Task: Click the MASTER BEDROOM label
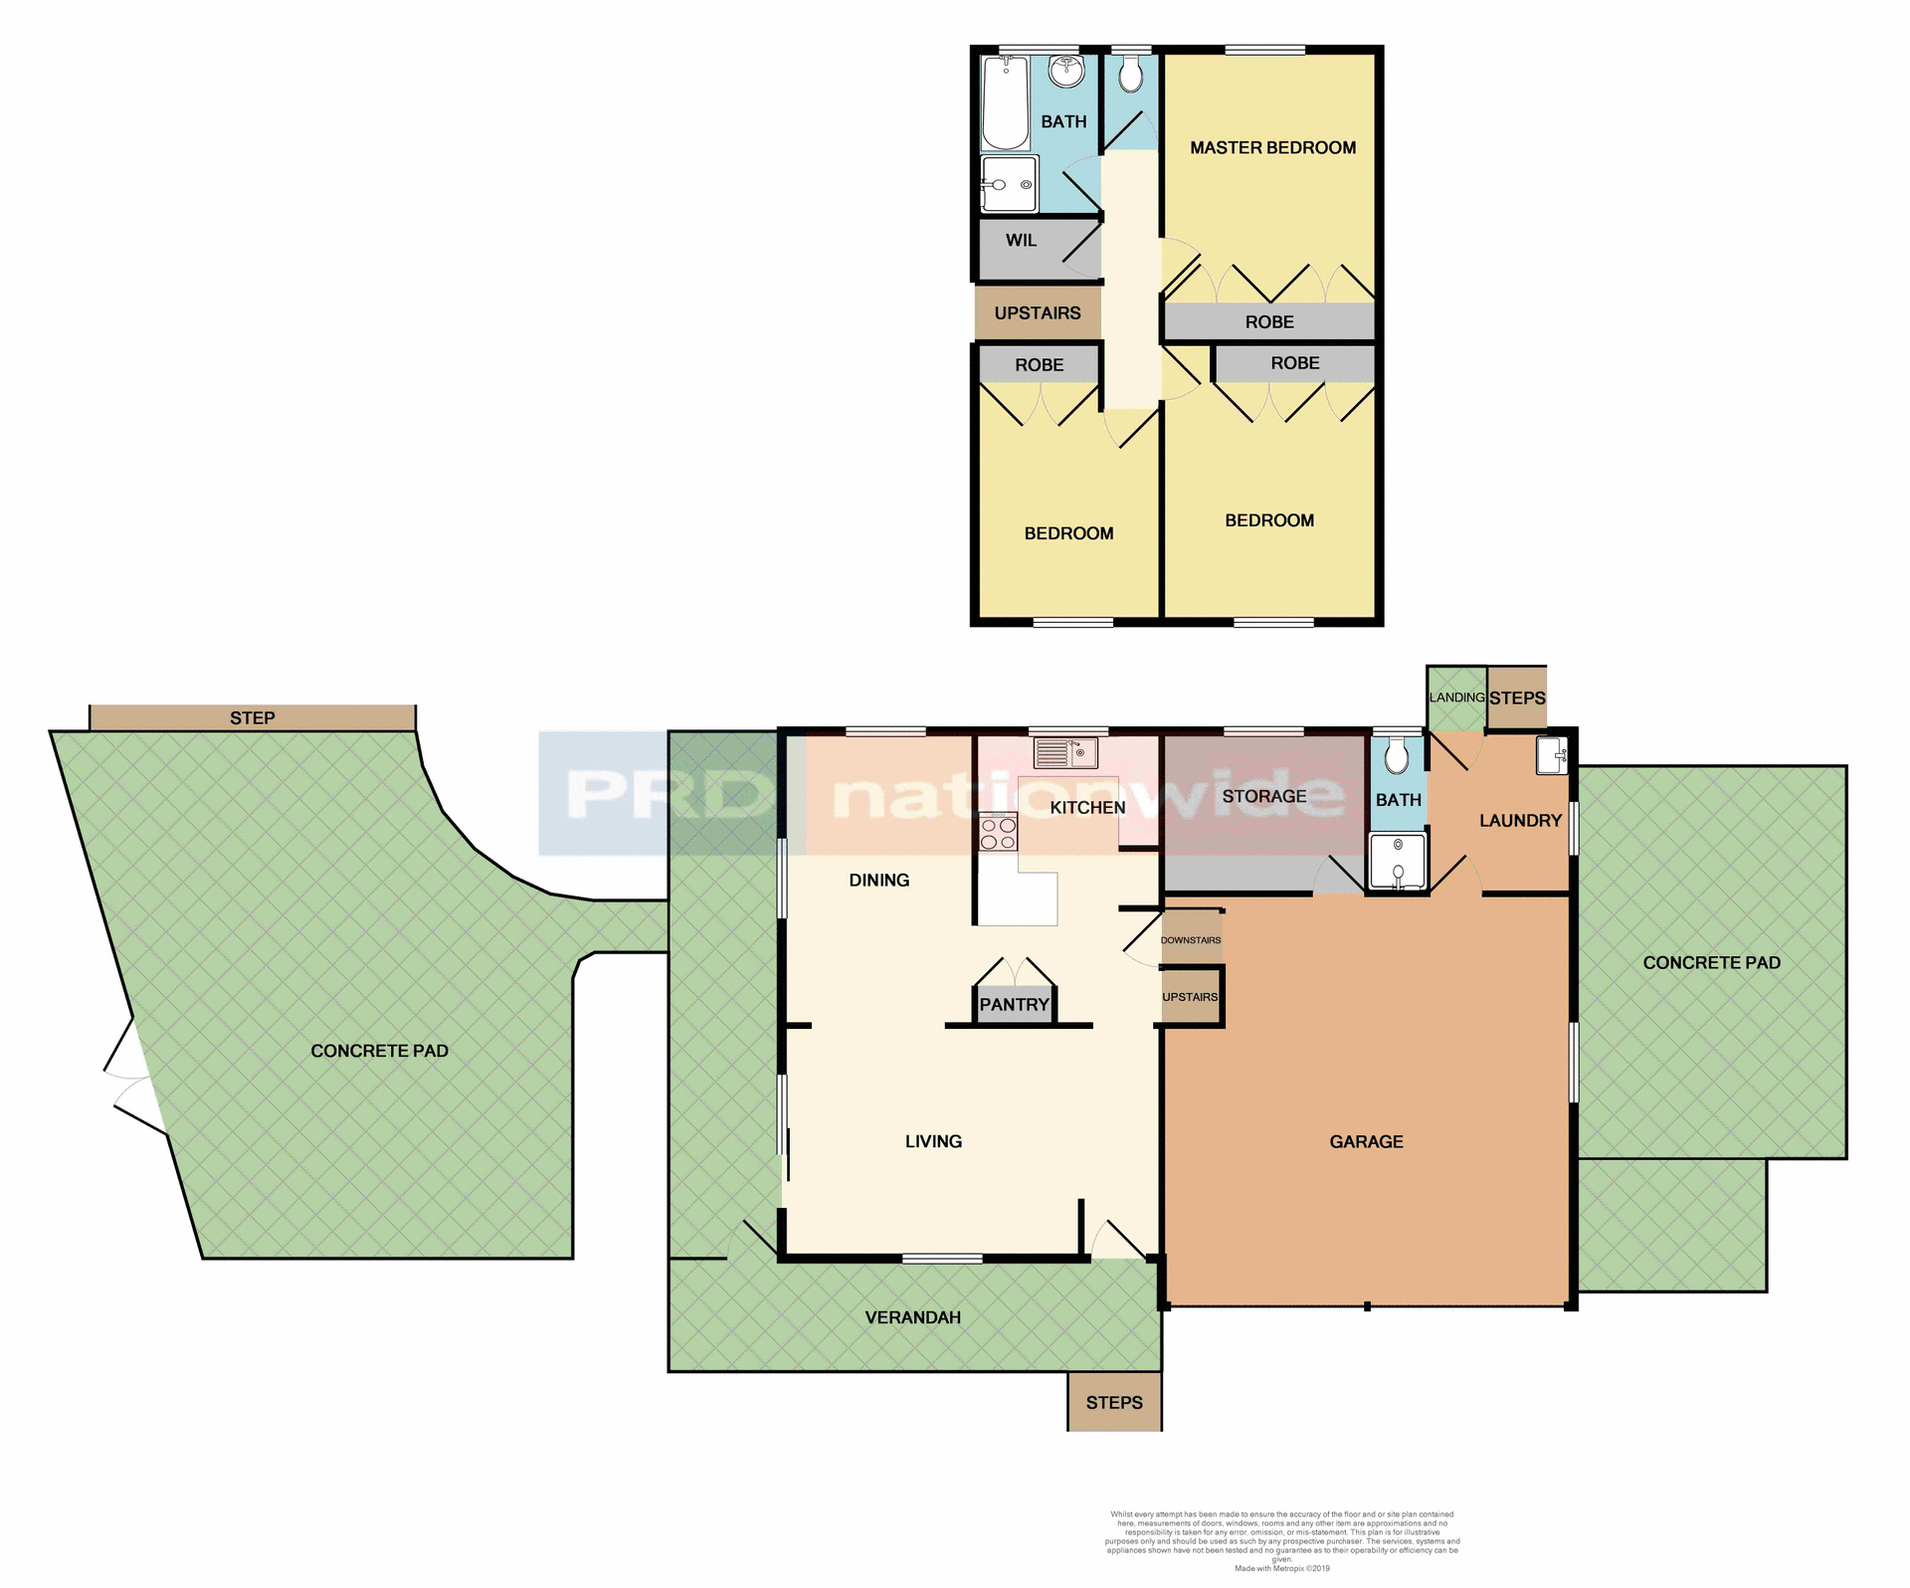tap(1272, 147)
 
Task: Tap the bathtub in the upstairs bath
tap(1005, 103)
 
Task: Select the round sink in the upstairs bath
tap(1066, 71)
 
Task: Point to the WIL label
tap(1021, 240)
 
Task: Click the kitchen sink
tap(1065, 752)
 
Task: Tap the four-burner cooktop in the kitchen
tap(999, 833)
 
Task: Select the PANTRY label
tap(1014, 1004)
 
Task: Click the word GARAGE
tap(1366, 1141)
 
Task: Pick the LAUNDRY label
tap(1520, 820)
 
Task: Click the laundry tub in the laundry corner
tap(1551, 755)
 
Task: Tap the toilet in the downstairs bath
tap(1397, 756)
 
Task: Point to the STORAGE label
tap(1263, 796)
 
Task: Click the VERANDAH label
tap(912, 1317)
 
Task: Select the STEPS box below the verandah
tap(1114, 1402)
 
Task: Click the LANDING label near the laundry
tap(1456, 697)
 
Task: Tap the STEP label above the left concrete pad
tap(252, 717)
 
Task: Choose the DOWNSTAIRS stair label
tap(1191, 940)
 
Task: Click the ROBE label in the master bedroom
tap(1269, 321)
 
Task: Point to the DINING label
tap(878, 880)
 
